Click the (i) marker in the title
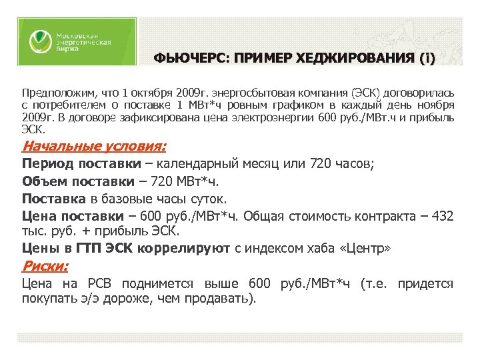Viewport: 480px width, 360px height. [427, 59]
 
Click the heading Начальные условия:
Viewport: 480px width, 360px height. [94, 146]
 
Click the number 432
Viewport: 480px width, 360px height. [441, 216]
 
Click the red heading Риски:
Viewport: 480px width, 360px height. [45, 267]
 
